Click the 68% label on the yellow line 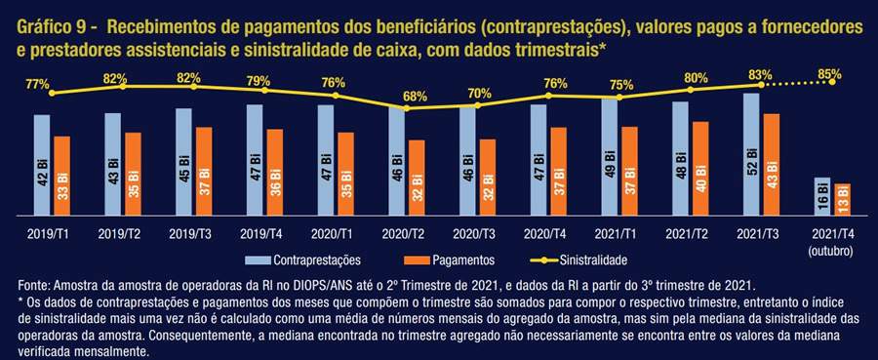[x=415, y=96]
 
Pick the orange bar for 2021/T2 [x=699, y=170]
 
